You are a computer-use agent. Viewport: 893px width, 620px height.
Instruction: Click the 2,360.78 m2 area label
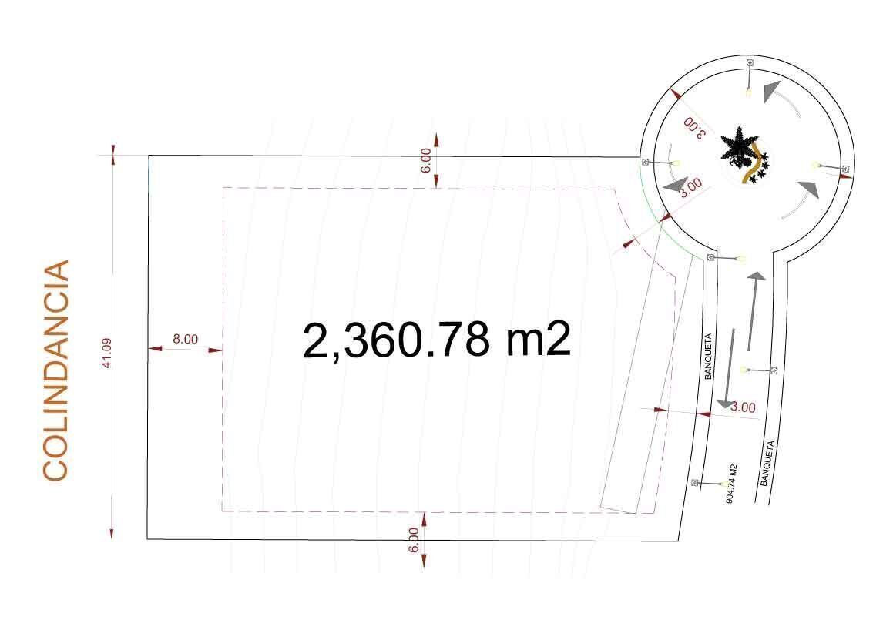[x=436, y=340]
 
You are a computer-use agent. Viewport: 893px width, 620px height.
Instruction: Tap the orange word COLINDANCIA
[x=55, y=370]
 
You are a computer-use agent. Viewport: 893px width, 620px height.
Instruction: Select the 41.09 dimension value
[x=106, y=353]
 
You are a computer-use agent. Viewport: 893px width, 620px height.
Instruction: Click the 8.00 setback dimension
[x=185, y=340]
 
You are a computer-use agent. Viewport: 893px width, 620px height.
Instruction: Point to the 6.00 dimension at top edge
[x=426, y=160]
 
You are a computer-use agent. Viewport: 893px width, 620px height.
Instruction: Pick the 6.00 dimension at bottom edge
[x=414, y=540]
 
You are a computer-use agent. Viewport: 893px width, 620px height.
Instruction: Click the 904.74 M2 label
[x=732, y=484]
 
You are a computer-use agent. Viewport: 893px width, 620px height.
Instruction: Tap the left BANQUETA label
[x=708, y=357]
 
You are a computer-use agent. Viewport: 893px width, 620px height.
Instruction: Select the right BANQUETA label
[x=767, y=463]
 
